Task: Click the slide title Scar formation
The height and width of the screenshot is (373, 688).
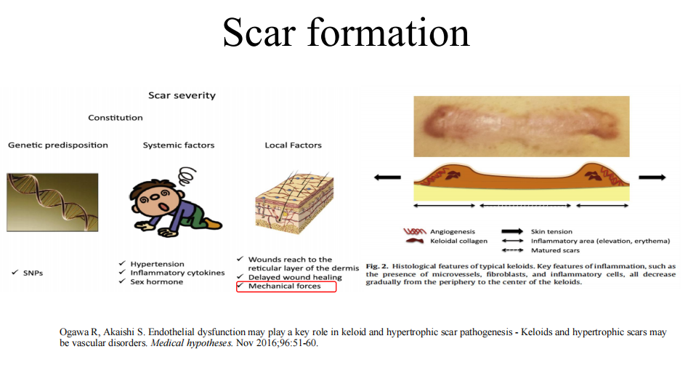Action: click(x=346, y=33)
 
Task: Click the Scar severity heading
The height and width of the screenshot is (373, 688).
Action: click(x=182, y=95)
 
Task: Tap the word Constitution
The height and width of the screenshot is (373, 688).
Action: click(x=116, y=118)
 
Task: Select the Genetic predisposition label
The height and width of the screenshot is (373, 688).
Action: click(x=58, y=145)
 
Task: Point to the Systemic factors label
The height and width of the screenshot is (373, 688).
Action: click(x=179, y=145)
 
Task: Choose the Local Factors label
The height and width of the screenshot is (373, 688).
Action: click(x=293, y=145)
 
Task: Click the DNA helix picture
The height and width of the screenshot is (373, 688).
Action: click(x=52, y=202)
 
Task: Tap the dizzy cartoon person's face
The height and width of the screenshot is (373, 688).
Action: click(x=158, y=201)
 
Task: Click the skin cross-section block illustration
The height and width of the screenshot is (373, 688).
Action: click(x=294, y=202)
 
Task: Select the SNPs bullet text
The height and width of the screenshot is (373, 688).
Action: click(x=33, y=273)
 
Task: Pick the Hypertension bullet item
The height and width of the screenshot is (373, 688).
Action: click(x=157, y=264)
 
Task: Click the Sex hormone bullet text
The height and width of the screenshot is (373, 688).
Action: click(x=157, y=281)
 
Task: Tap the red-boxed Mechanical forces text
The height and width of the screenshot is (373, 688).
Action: click(x=284, y=286)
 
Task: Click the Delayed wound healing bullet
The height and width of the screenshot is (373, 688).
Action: click(x=295, y=277)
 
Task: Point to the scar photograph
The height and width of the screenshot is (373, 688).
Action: click(x=521, y=126)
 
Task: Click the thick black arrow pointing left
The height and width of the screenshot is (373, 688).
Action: click(x=387, y=177)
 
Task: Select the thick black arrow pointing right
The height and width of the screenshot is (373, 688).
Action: click(x=652, y=177)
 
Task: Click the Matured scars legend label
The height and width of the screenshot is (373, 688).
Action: click(x=555, y=250)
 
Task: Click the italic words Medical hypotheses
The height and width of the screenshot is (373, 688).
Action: click(x=192, y=343)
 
